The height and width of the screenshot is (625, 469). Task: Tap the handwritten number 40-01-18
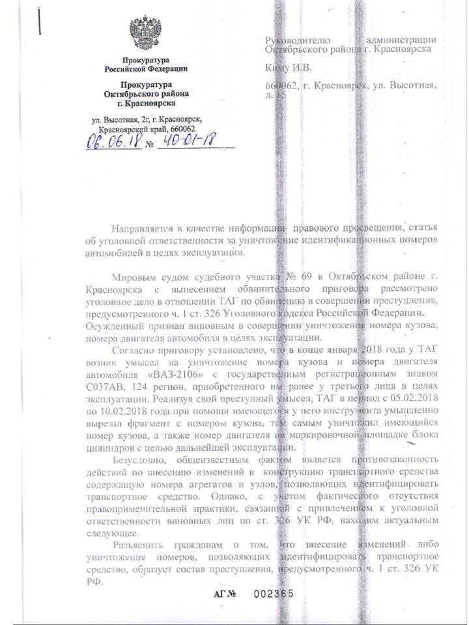pos(186,141)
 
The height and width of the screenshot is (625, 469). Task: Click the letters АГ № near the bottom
pos(225,593)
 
